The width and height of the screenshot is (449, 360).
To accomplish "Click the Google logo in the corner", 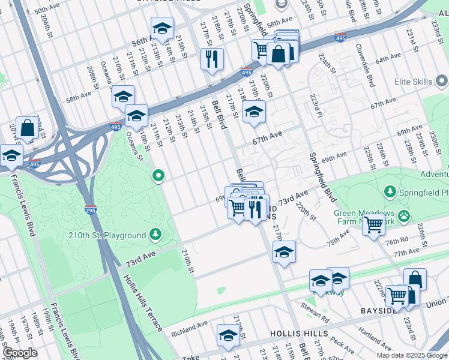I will pos(20,353).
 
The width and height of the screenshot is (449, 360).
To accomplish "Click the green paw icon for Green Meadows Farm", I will pos(406,215).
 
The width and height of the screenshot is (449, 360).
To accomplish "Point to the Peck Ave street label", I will pos(342,344).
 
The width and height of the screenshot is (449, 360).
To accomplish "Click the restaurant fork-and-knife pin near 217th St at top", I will pos(211,59).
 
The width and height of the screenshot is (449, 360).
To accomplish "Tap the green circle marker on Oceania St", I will pos(158,176).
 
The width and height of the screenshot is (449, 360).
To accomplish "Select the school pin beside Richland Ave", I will pos(228,337).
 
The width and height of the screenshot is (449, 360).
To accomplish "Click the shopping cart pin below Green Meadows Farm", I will pos(373,226).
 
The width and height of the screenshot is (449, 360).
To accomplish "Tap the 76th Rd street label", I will pos(397,241).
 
